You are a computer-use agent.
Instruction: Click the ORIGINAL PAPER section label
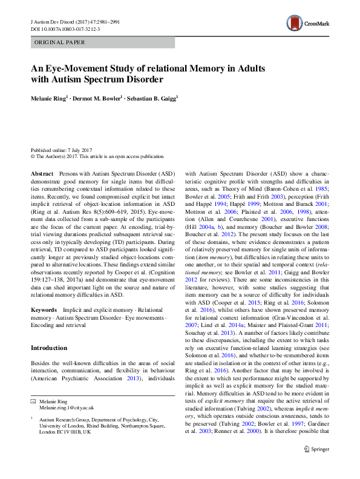[59, 42]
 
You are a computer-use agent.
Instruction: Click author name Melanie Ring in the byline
[50, 96]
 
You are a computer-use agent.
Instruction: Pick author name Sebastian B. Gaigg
[152, 96]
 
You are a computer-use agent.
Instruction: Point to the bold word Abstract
[42, 173]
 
